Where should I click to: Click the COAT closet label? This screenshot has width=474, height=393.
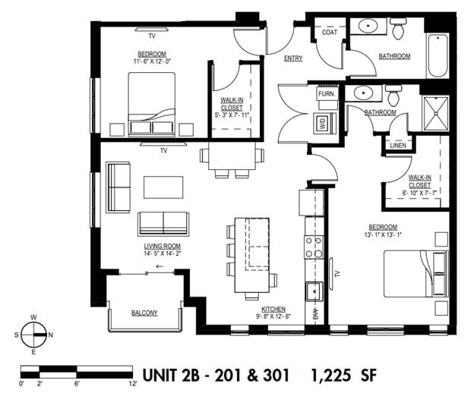point(330,33)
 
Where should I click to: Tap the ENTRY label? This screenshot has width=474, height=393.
point(293,58)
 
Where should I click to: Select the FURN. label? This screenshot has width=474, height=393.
point(327,93)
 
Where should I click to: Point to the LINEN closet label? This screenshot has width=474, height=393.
point(397,145)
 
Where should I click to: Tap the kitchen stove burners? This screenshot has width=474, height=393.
point(314,247)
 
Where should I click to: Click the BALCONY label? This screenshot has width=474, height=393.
point(144,313)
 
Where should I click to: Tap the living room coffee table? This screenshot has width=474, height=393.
point(163,187)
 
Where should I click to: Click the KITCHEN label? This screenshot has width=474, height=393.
point(273,309)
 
